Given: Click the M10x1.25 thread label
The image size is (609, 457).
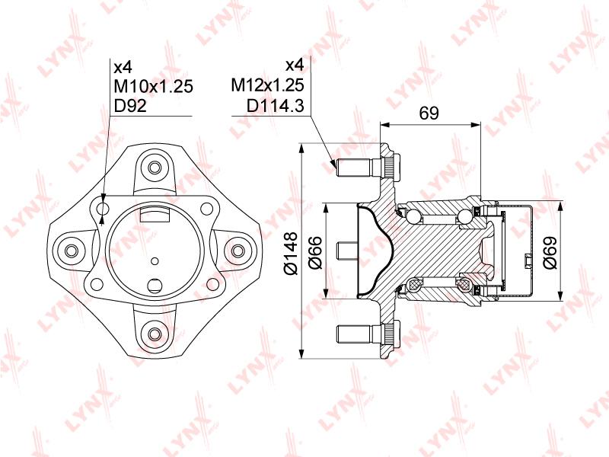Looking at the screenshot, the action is (153, 86).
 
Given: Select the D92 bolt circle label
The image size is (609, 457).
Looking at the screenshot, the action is (130, 105).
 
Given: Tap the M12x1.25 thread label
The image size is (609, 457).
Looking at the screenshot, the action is (267, 85).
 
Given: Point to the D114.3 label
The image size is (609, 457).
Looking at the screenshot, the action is (275, 105).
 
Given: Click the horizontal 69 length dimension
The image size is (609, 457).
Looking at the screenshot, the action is (429, 113).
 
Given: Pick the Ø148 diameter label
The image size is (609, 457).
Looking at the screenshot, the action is (291, 253).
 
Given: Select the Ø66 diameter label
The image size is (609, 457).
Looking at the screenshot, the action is (315, 252).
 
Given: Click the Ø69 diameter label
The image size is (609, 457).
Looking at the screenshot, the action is (550, 252).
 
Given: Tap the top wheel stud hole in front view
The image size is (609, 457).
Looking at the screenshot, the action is (155, 168).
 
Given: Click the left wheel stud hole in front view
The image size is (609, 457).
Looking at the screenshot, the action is (71, 251).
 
